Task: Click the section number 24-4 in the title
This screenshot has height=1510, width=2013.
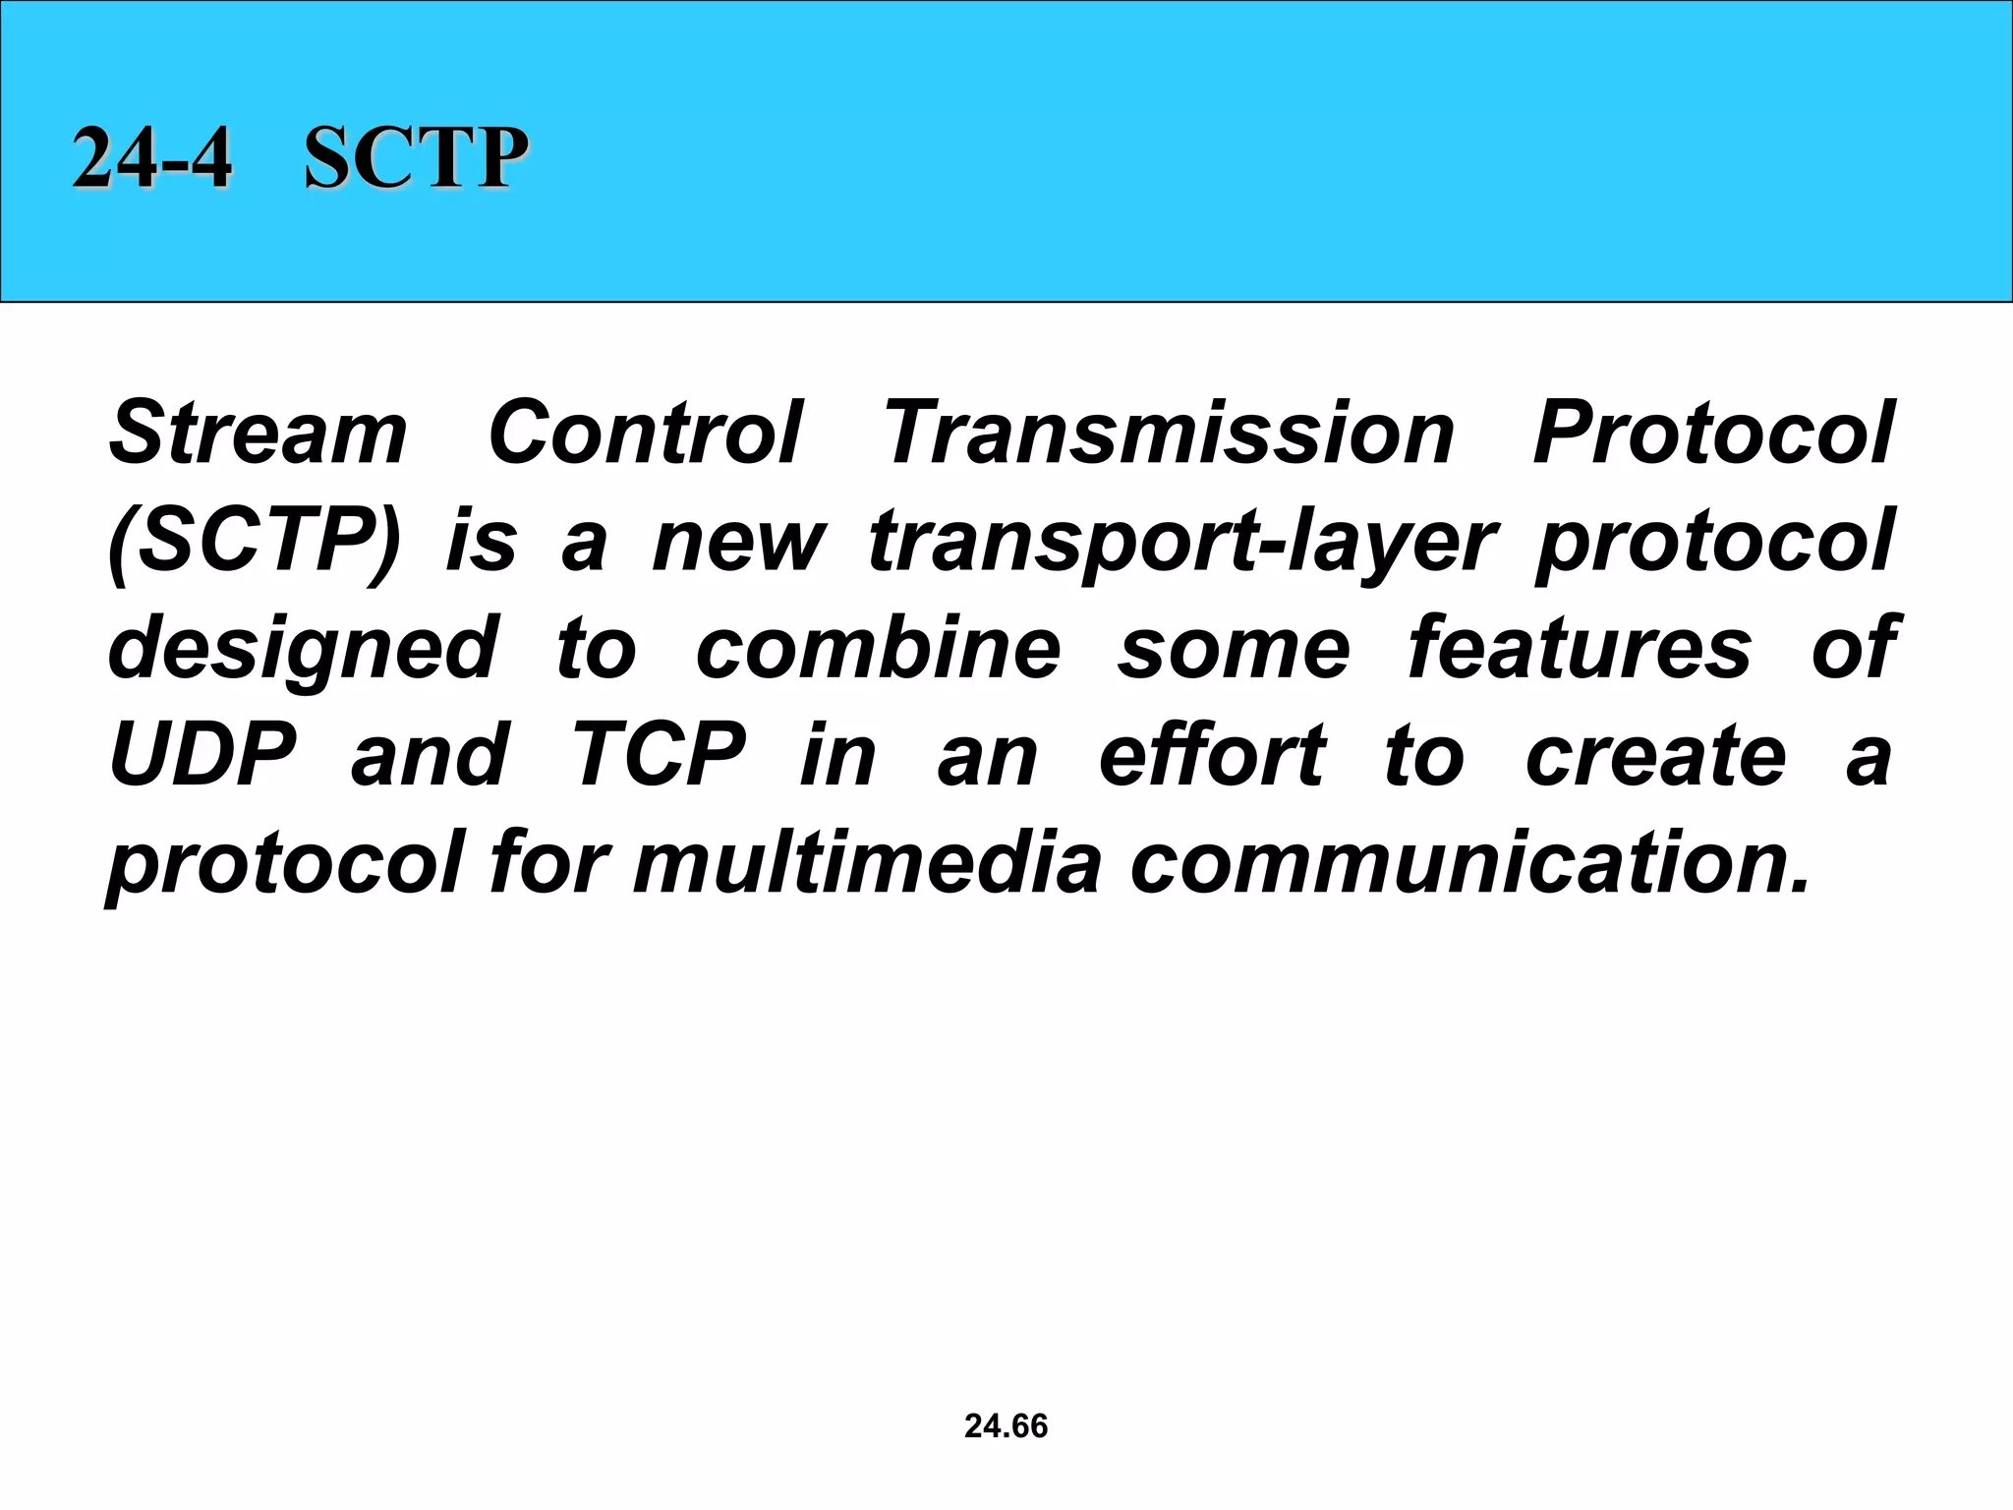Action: pyautogui.click(x=152, y=158)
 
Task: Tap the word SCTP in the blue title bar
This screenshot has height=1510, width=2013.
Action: pyautogui.click(x=416, y=158)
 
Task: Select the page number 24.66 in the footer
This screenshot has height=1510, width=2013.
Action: pyautogui.click(x=1006, y=1425)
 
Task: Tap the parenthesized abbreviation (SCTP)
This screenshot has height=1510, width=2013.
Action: pyautogui.click(x=255, y=542)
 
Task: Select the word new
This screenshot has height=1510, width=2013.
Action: pyautogui.click(x=739, y=542)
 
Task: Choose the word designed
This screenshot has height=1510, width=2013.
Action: pyautogui.click(x=303, y=649)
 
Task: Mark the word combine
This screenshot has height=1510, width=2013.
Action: pyautogui.click(x=878, y=648)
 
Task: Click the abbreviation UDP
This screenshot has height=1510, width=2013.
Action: pyautogui.click(x=202, y=755)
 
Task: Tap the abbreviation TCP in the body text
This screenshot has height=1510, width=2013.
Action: pyautogui.click(x=659, y=755)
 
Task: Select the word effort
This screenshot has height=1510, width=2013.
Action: pyautogui.click(x=1212, y=755)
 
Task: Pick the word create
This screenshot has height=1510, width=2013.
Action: pyautogui.click(x=1655, y=755)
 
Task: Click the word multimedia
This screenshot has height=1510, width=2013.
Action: pyautogui.click(x=867, y=862)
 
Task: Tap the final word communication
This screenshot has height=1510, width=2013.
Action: pyautogui.click(x=1469, y=862)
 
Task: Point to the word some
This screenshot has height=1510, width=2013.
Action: pyautogui.click(x=1234, y=649)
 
